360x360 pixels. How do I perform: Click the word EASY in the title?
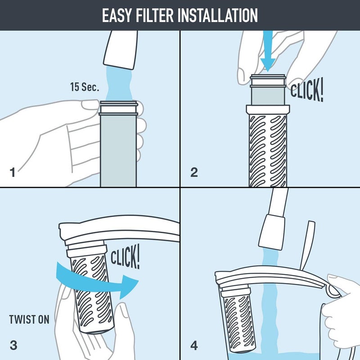click(x=119, y=15)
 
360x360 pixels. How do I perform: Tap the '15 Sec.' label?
click(x=84, y=86)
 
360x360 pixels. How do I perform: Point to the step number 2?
click(x=194, y=172)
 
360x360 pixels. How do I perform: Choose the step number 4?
click(x=194, y=346)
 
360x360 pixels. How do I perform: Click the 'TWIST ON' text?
click(x=30, y=320)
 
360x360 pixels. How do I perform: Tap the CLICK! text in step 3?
click(x=125, y=260)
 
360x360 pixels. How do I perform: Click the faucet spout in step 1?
click(x=120, y=52)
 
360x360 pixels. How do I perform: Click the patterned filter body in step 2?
click(x=268, y=151)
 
